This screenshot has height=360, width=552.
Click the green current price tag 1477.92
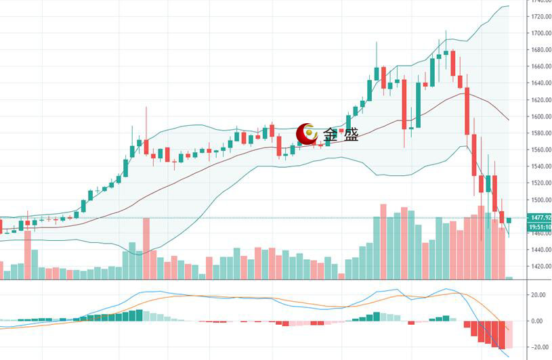point(540,217)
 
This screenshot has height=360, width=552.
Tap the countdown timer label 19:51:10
point(540,227)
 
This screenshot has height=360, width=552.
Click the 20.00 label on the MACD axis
point(538,296)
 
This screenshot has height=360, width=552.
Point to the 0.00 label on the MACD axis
point(540,321)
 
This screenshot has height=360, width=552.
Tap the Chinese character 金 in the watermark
point(331,135)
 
